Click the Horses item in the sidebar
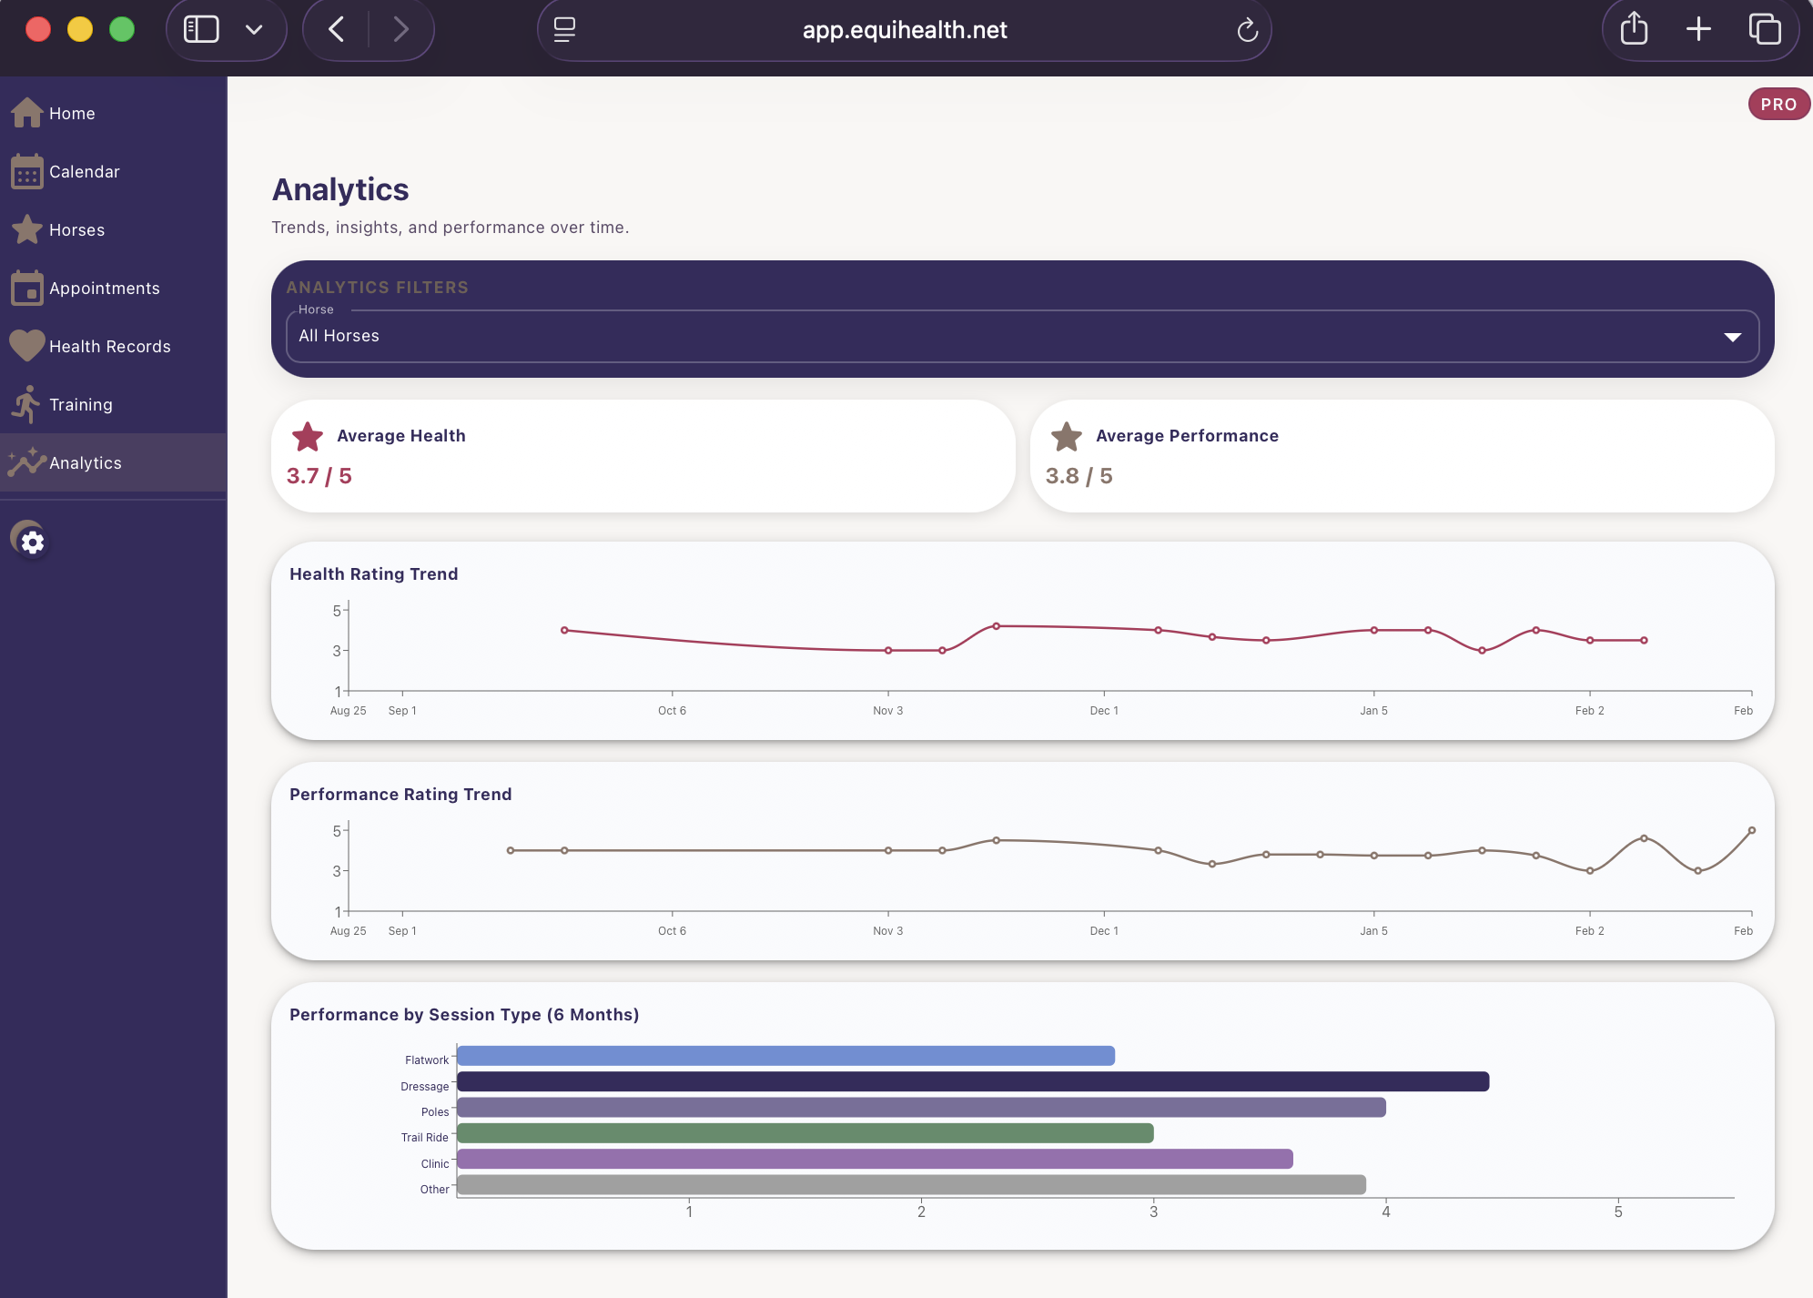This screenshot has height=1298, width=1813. pyautogui.click(x=76, y=230)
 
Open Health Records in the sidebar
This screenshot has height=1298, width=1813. pyautogui.click(x=109, y=347)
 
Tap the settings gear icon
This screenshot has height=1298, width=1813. pyautogui.click(x=32, y=543)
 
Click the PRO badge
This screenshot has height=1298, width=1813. pyautogui.click(x=1778, y=105)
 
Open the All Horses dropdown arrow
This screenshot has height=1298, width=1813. pyautogui.click(x=1732, y=338)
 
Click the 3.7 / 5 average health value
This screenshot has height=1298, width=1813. pyautogui.click(x=319, y=476)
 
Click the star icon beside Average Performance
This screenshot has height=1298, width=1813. pyautogui.click(x=1067, y=437)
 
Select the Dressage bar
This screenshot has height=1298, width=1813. pyautogui.click(x=972, y=1082)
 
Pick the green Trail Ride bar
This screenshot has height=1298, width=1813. pyautogui.click(x=805, y=1133)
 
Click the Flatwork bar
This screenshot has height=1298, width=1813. pyautogui.click(x=785, y=1056)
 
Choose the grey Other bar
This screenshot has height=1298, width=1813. pyautogui.click(x=910, y=1185)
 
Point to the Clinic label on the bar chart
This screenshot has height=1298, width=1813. pyautogui.click(x=434, y=1164)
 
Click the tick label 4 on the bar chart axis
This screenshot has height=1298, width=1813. pyautogui.click(x=1385, y=1212)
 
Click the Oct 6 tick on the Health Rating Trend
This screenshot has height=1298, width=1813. pyautogui.click(x=672, y=711)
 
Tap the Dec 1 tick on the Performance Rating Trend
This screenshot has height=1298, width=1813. pyautogui.click(x=1103, y=931)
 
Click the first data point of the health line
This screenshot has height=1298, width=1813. pyautogui.click(x=564, y=630)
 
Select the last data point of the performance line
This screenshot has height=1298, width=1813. pyautogui.click(x=1751, y=830)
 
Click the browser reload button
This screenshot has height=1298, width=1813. pyautogui.click(x=1247, y=31)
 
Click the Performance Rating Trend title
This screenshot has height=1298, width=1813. pyautogui.click(x=400, y=795)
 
